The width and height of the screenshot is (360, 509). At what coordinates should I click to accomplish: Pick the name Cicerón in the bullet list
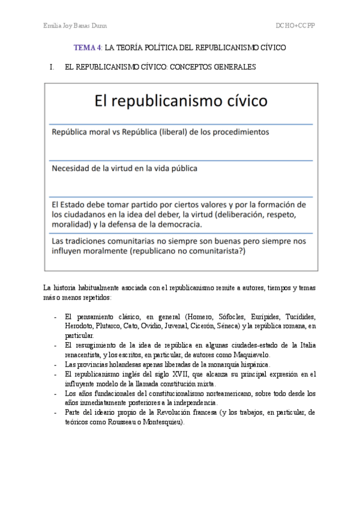click(200, 325)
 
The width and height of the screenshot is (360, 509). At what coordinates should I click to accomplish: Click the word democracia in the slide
click(176, 224)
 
